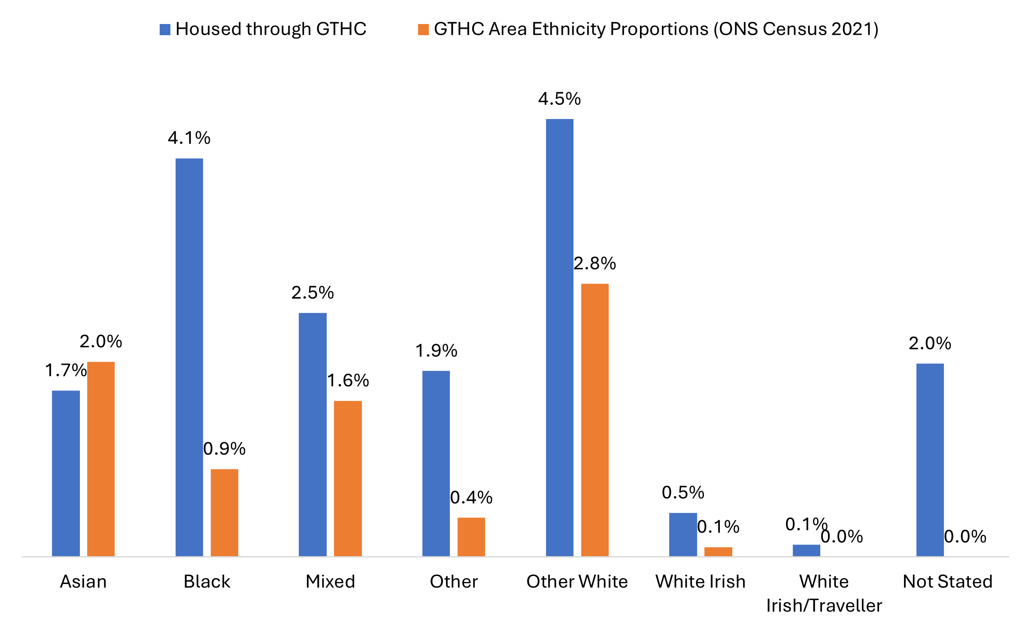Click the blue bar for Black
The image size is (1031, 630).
point(189,357)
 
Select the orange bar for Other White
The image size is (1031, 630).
point(595,420)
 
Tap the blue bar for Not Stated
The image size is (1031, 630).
point(930,460)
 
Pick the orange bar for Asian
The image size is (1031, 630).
point(101,459)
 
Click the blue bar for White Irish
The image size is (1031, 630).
point(683,534)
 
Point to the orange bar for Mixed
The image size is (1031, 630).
point(348,479)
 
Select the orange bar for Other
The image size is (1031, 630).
point(471,537)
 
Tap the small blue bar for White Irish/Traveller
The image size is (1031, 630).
point(807,550)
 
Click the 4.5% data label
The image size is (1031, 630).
point(559,99)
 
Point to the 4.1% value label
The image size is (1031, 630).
point(189,138)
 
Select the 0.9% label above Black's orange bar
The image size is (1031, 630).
point(224,449)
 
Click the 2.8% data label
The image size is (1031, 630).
point(594,264)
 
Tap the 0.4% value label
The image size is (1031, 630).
point(471,498)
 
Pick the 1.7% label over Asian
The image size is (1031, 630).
point(66,370)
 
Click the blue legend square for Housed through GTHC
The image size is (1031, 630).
point(165,30)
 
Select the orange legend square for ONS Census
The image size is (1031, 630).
point(423,30)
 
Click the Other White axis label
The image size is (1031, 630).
point(577,582)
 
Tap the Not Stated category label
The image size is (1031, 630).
point(948,582)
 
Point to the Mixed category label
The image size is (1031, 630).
point(330,582)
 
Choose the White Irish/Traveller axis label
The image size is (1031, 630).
point(824,594)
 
